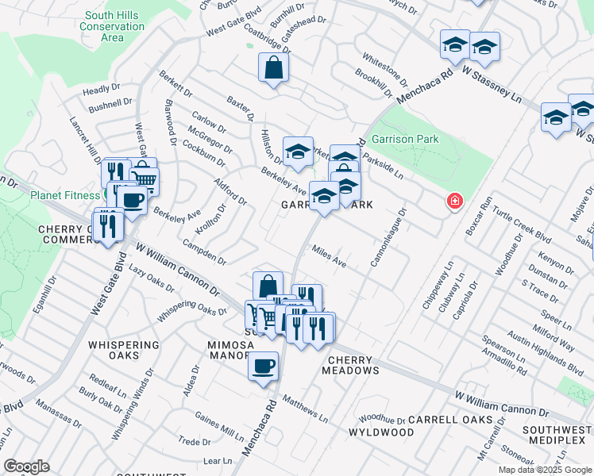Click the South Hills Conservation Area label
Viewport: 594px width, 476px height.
click(112, 26)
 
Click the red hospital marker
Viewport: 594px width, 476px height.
click(453, 202)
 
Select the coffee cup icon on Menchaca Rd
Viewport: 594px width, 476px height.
click(263, 367)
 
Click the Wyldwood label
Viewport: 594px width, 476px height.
click(381, 432)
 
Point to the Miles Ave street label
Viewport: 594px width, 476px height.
click(330, 255)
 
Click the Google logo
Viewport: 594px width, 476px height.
click(26, 466)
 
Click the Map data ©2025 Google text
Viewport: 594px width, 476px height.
click(545, 470)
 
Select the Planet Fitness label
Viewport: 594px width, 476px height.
click(65, 196)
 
